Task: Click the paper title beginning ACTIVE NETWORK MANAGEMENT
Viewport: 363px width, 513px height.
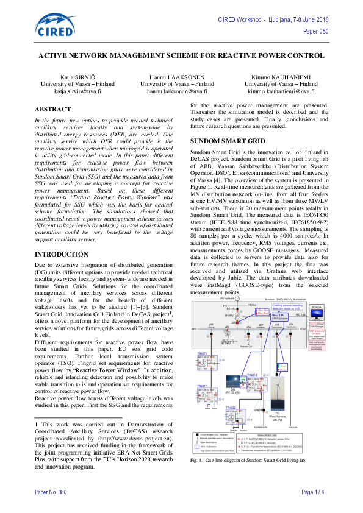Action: tap(181, 54)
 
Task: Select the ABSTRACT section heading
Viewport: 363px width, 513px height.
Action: tap(53, 108)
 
